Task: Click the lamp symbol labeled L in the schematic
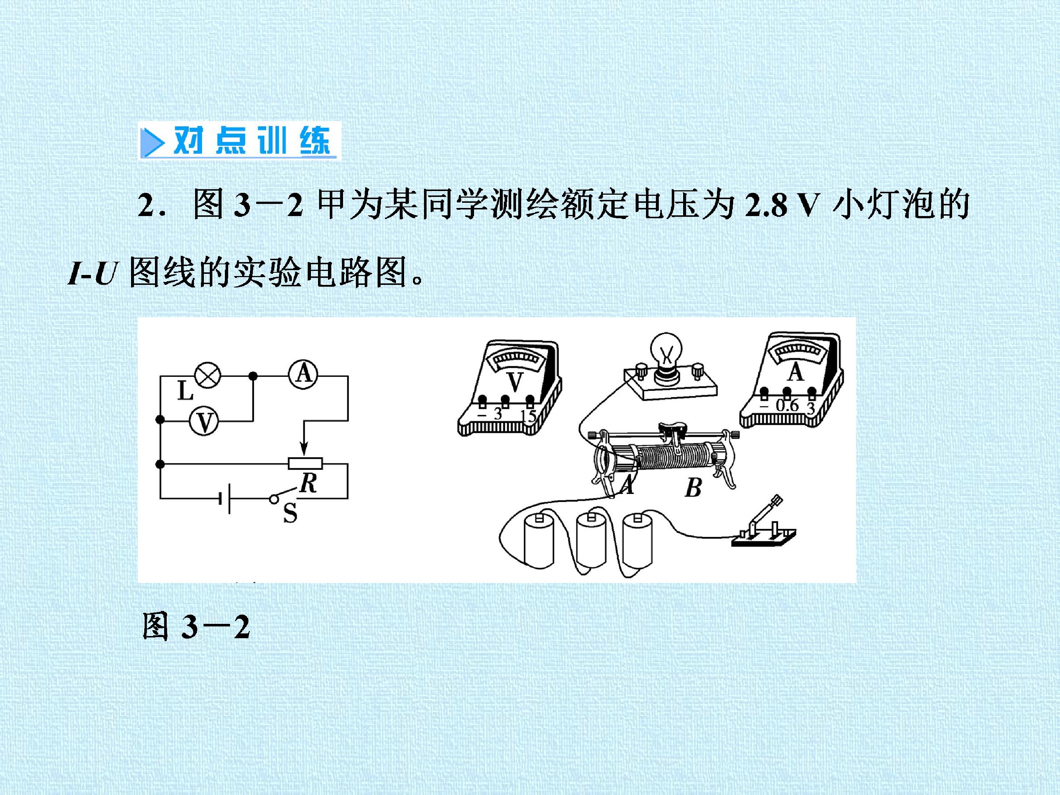(x=206, y=376)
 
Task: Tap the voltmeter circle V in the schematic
(x=204, y=421)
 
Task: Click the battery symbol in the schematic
(x=225, y=499)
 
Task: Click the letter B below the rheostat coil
(x=693, y=488)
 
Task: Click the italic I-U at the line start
(x=92, y=274)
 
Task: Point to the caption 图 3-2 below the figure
(x=197, y=626)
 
